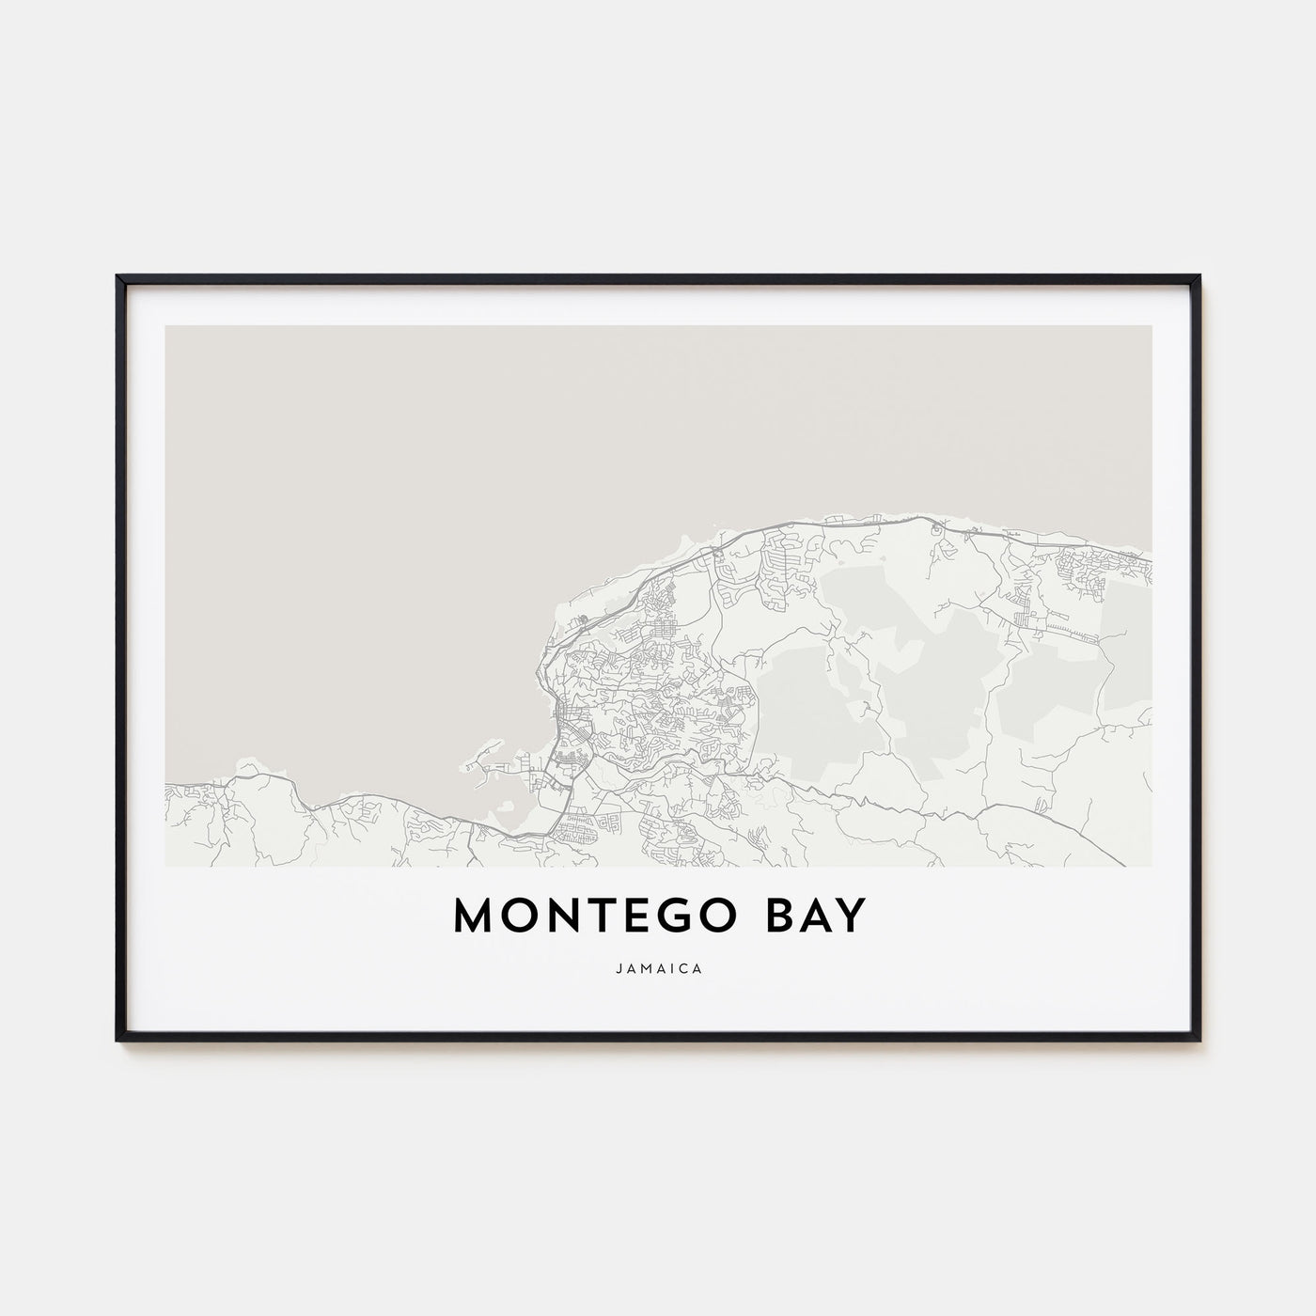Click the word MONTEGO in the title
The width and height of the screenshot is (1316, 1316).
click(599, 917)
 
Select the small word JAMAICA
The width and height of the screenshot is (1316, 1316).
click(657, 964)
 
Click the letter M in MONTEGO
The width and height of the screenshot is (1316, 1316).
click(473, 917)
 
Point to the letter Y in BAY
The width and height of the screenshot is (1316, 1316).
click(850, 917)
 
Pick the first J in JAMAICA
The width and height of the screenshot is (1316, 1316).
click(620, 964)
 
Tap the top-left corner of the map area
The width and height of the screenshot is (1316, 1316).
click(165, 326)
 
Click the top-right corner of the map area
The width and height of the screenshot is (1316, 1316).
click(1151, 326)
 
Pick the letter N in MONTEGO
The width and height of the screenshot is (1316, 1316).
click(561, 917)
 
